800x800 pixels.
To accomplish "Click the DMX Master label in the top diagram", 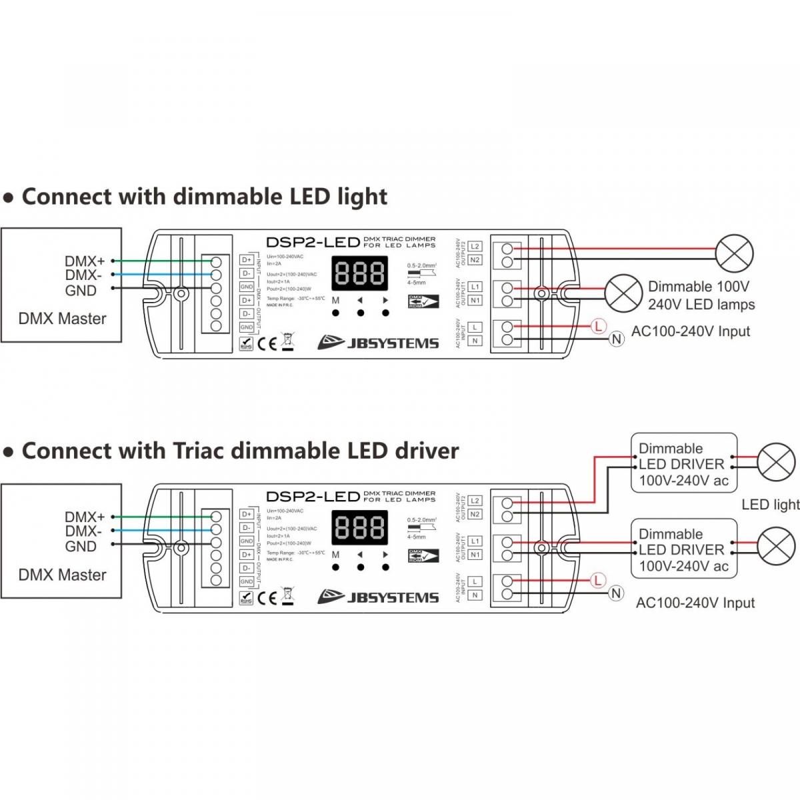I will point(62,319).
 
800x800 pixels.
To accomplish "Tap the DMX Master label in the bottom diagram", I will point(62,575).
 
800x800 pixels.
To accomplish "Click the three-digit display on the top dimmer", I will point(360,273).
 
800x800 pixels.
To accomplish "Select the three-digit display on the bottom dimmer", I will point(360,528).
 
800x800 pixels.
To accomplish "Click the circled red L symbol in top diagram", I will point(598,326).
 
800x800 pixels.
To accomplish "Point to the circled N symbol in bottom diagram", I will point(616,593).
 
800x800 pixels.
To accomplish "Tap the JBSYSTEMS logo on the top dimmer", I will point(378,343).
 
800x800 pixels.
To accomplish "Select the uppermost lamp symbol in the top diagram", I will point(734,253).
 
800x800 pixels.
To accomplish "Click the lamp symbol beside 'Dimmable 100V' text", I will point(623,293).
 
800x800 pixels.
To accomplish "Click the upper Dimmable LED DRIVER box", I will point(684,464).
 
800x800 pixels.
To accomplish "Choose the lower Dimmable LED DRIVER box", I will point(684,550).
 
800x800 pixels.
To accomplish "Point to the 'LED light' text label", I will point(771,505).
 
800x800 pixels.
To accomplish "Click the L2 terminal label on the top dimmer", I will point(475,247).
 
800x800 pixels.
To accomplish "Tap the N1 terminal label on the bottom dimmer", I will point(475,555).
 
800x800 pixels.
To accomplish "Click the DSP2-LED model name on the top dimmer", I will point(313,242).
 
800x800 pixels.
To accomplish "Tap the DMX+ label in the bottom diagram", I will point(85,517).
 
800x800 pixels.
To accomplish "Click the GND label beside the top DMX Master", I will point(81,290).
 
